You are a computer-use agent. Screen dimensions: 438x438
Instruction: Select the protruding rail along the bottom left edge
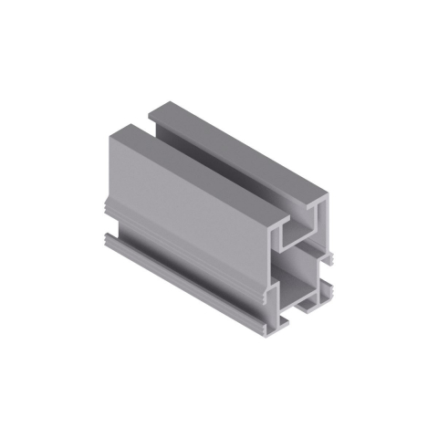tap(182, 274)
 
